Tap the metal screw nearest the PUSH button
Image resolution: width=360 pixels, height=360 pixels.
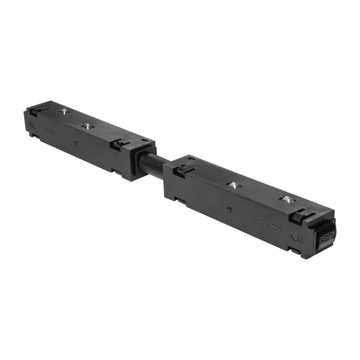(286, 199)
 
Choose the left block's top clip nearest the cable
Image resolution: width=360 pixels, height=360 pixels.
(120, 144)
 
